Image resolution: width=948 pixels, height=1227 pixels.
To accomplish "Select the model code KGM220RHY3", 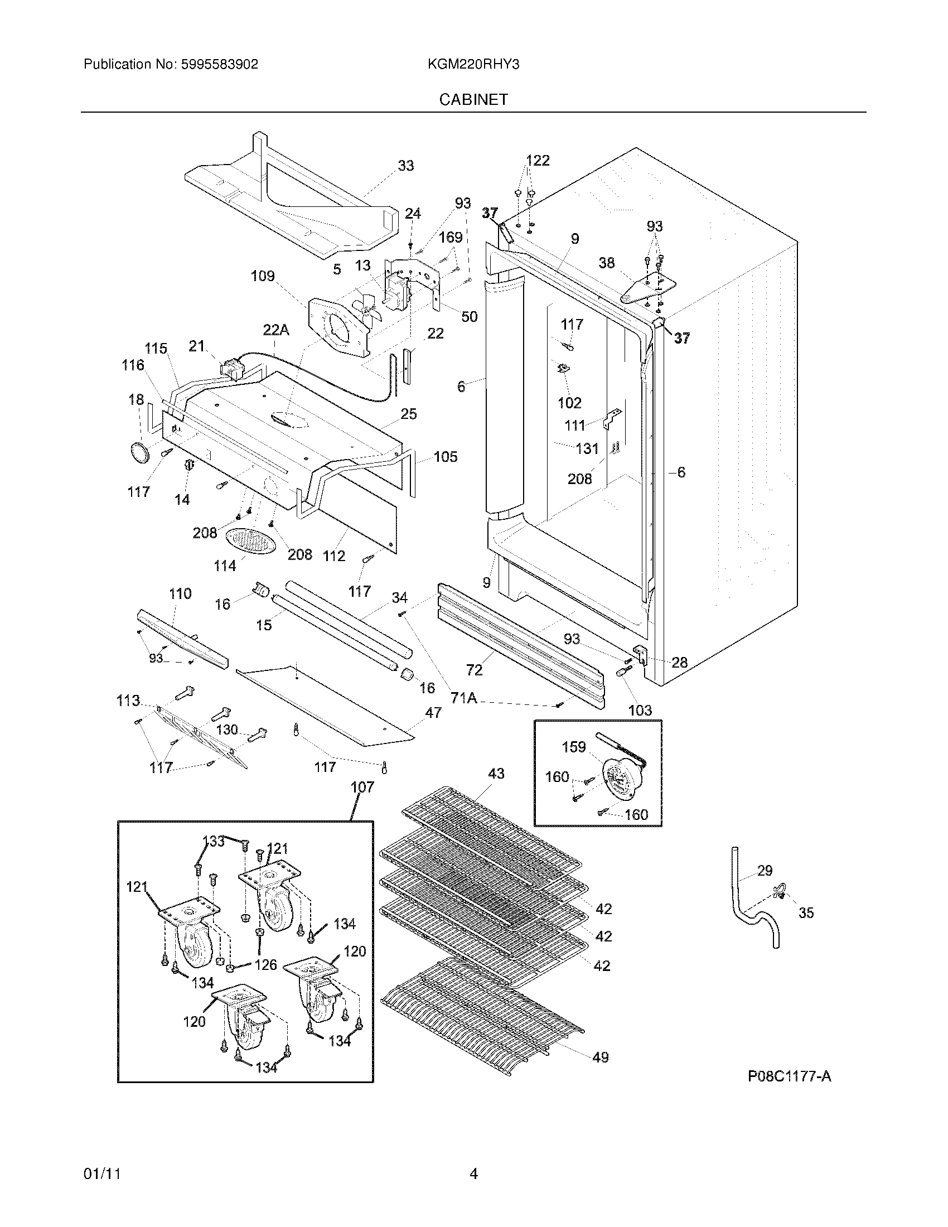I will coord(473,64).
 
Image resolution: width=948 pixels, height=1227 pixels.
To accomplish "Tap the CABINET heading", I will coord(473,99).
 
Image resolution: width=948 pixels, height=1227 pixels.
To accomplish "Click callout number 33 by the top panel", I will coord(405,166).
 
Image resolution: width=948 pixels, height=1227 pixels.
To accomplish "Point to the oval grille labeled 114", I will coord(251,542).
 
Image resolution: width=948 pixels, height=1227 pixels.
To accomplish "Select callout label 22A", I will coord(275,330).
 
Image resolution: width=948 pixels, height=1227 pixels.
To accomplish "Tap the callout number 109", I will coord(262,276).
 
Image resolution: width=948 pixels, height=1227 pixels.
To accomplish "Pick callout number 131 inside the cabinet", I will coord(587,448).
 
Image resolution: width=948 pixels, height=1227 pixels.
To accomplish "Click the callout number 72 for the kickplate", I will coord(474,670).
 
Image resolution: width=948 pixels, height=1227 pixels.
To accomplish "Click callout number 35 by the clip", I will coord(806,913).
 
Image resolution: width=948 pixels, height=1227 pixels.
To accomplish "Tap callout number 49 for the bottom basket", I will coord(600,1057).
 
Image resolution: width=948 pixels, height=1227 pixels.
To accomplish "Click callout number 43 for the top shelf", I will coord(496,774).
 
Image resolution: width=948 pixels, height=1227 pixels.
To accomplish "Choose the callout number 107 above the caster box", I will coord(362,787).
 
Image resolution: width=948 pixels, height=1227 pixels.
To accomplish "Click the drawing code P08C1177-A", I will coord(789,1076).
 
